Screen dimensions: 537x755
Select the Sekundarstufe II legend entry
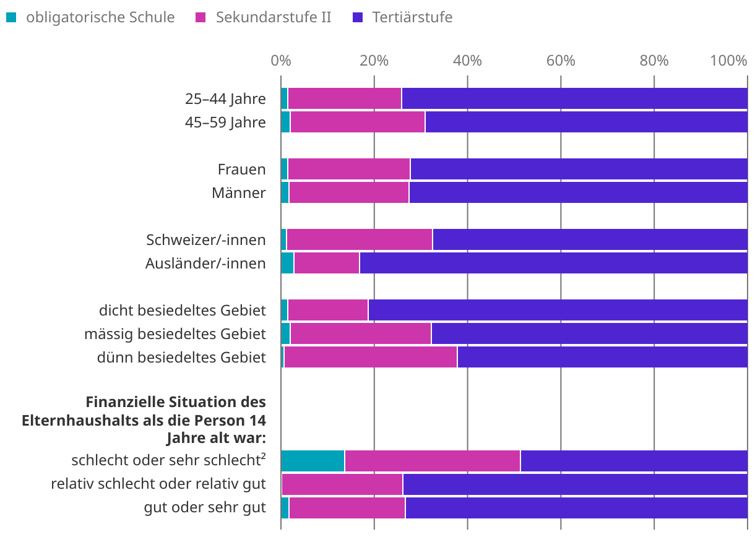click(x=273, y=17)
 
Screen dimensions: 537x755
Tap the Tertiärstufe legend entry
click(x=412, y=17)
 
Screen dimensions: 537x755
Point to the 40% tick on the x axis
click(x=467, y=61)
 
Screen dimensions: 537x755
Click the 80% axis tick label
click(x=654, y=61)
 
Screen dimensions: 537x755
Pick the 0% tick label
click(x=281, y=61)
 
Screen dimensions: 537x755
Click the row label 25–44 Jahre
click(x=225, y=99)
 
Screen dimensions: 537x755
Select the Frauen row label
click(x=241, y=170)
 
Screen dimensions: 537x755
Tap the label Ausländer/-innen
click(x=205, y=264)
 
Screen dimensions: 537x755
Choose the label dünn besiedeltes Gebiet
click(x=181, y=358)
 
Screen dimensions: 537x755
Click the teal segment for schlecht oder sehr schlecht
click(x=313, y=462)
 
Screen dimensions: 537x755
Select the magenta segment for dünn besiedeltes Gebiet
click(x=370, y=358)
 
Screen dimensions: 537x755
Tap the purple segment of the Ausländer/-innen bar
click(x=553, y=264)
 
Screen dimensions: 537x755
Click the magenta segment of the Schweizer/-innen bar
click(x=360, y=240)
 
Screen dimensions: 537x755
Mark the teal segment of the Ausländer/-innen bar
click(x=287, y=264)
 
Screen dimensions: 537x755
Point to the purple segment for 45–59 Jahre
click(x=586, y=122)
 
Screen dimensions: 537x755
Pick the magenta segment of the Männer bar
click(x=349, y=193)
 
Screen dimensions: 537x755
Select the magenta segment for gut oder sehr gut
click(x=347, y=509)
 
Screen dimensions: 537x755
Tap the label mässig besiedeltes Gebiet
click(x=175, y=335)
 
